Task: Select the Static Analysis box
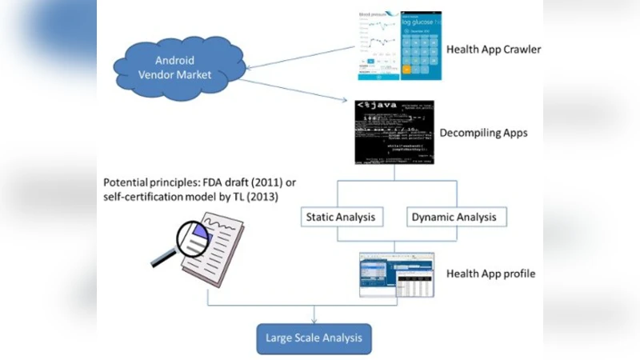pyautogui.click(x=340, y=217)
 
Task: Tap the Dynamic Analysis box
pyautogui.click(x=453, y=217)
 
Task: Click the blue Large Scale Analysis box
pyautogui.click(x=314, y=338)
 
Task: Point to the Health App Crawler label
pyautogui.click(x=494, y=50)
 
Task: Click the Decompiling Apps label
pyautogui.click(x=483, y=133)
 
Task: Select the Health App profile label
pyautogui.click(x=490, y=274)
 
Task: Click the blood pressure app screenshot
pyautogui.click(x=378, y=46)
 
